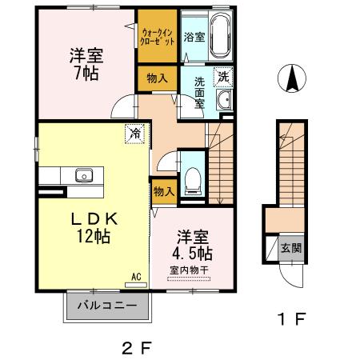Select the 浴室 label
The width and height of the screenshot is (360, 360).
coord(194,37)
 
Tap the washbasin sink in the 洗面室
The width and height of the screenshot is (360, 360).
coord(224,100)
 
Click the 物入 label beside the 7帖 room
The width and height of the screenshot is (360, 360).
coord(157,78)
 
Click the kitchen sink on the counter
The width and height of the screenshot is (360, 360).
coord(83,175)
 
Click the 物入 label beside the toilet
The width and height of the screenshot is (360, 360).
coord(163,192)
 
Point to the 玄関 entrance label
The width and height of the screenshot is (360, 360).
coord(290,247)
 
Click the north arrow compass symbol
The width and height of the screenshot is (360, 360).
coord(293,79)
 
